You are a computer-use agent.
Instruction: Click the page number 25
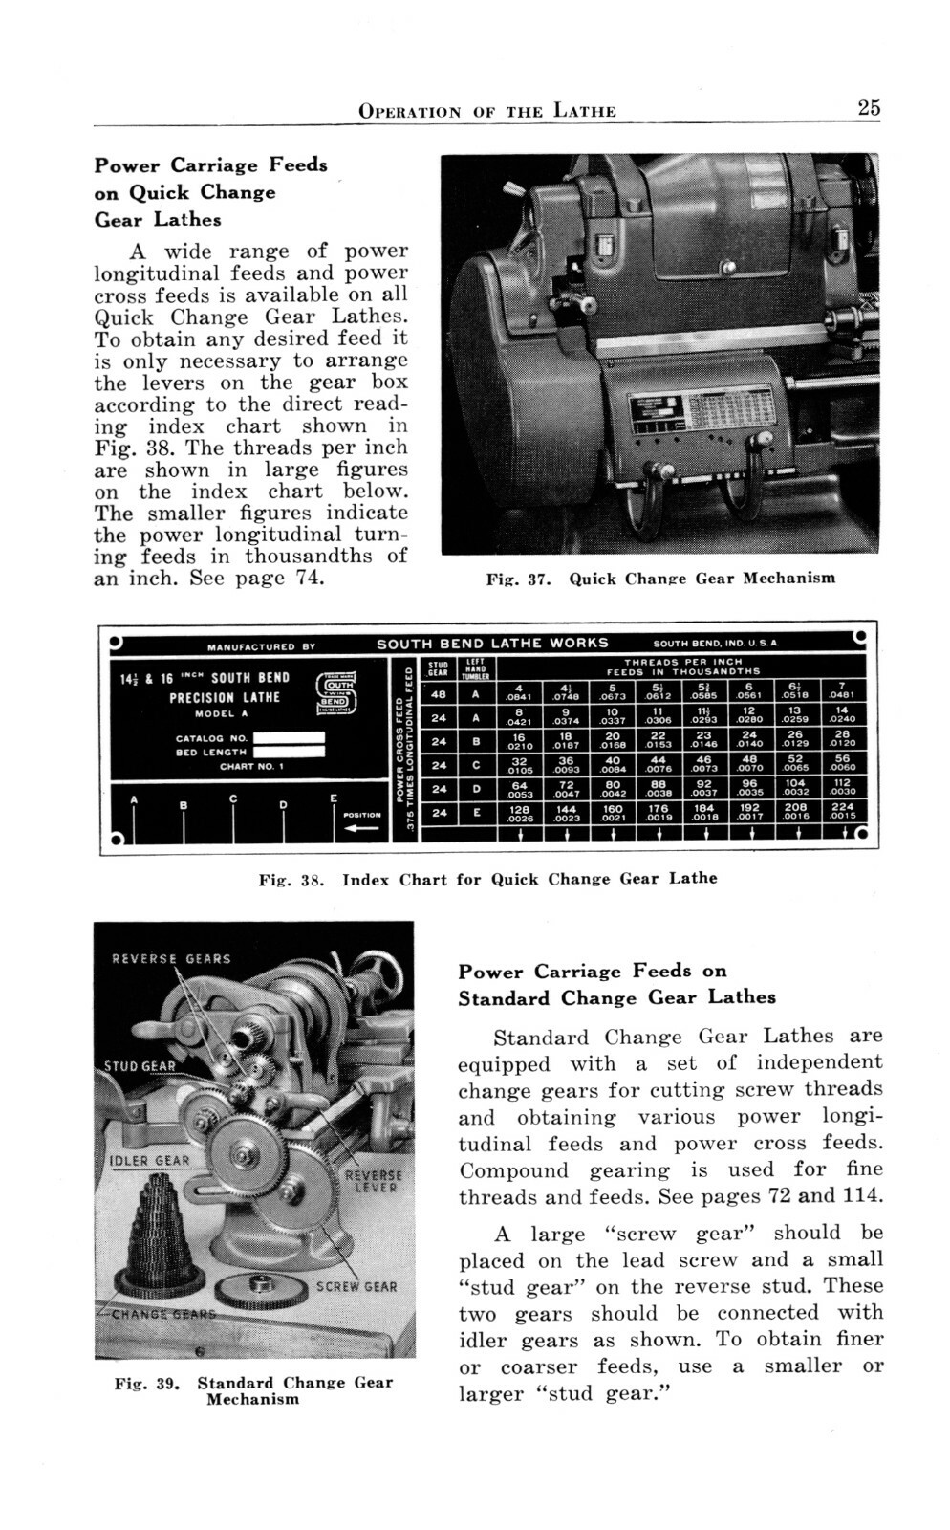tap(868, 108)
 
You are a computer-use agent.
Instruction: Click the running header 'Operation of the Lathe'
tap(486, 111)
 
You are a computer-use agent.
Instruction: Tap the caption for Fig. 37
tap(660, 579)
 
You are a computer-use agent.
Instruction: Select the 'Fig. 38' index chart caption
tap(487, 879)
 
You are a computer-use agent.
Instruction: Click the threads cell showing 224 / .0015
tap(843, 812)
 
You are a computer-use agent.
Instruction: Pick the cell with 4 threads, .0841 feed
tap(519, 691)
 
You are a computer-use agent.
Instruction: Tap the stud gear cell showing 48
tap(439, 693)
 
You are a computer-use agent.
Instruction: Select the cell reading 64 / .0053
tap(519, 788)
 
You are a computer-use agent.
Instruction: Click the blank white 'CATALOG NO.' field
tap(289, 738)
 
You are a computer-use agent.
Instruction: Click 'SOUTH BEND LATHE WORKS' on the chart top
tap(492, 644)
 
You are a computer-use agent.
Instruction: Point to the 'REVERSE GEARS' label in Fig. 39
tap(171, 958)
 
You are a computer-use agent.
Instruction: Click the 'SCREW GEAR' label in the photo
tap(356, 1287)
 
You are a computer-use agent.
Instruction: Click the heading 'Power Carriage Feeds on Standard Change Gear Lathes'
tap(616, 984)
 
